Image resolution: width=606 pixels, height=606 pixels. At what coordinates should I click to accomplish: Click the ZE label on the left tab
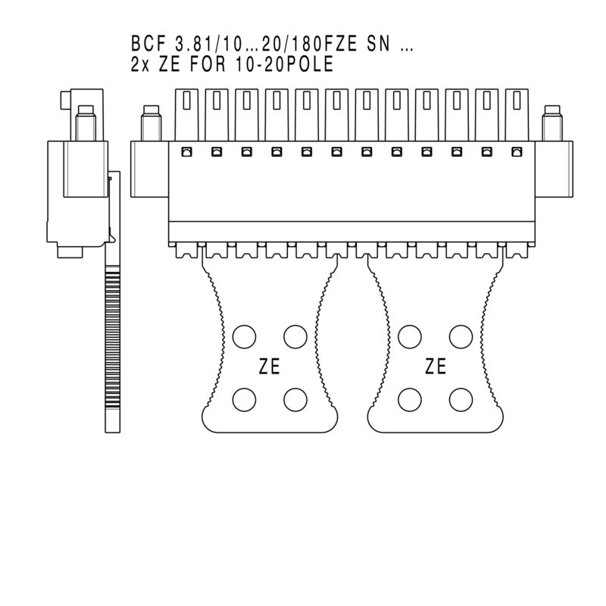[x=269, y=367]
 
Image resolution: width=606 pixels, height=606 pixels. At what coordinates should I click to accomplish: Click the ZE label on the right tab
[x=436, y=367]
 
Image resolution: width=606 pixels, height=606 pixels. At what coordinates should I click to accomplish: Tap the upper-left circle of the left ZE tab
[x=244, y=336]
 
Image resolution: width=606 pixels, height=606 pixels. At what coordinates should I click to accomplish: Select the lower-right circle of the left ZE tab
[x=294, y=398]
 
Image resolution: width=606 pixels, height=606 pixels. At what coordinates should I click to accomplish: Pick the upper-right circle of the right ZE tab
[x=459, y=336]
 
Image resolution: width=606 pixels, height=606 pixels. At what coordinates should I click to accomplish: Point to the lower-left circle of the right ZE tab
[x=409, y=398]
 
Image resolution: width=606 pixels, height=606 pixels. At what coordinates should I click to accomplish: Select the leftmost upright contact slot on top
[x=186, y=114]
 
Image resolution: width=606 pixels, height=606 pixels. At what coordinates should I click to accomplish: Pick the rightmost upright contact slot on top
[x=517, y=114]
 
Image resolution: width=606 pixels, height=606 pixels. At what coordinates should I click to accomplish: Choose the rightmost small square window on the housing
[x=517, y=153]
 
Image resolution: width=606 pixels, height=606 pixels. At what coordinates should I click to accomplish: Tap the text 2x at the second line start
[x=139, y=65]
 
